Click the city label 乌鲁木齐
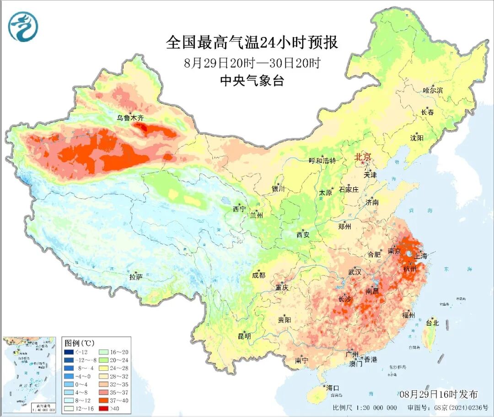130,118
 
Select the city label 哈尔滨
433,90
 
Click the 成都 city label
258,275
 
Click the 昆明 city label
244,336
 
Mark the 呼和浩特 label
322,161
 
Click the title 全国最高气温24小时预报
252,43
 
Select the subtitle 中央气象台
252,81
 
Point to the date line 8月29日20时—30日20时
252,63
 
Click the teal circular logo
22,26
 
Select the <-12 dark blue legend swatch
69,352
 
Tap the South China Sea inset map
30,375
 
